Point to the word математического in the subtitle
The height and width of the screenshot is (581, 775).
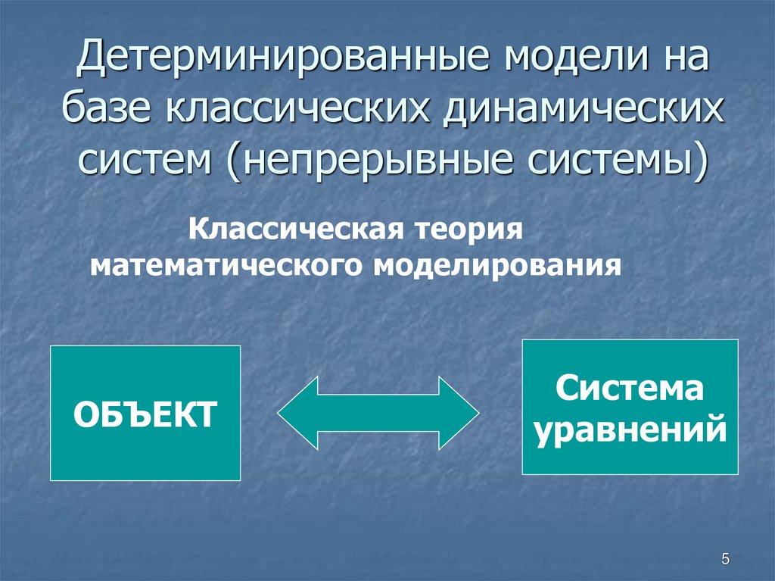tap(226, 266)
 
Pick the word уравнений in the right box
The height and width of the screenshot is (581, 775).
tap(630, 430)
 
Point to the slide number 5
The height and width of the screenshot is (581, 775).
tap(725, 559)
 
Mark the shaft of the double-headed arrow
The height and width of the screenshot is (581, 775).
tap(378, 414)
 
